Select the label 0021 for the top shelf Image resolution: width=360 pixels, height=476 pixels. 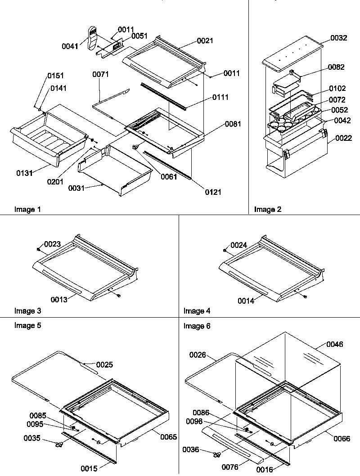[x=205, y=41]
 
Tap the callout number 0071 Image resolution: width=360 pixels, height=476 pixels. [x=101, y=74]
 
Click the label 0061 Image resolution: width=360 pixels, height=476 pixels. [x=169, y=177]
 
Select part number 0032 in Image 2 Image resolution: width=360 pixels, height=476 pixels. [x=338, y=38]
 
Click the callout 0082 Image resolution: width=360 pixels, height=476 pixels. [x=336, y=67]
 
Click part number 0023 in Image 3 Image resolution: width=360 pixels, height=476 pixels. [x=52, y=244]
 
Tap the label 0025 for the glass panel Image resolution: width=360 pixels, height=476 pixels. [x=104, y=364]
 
